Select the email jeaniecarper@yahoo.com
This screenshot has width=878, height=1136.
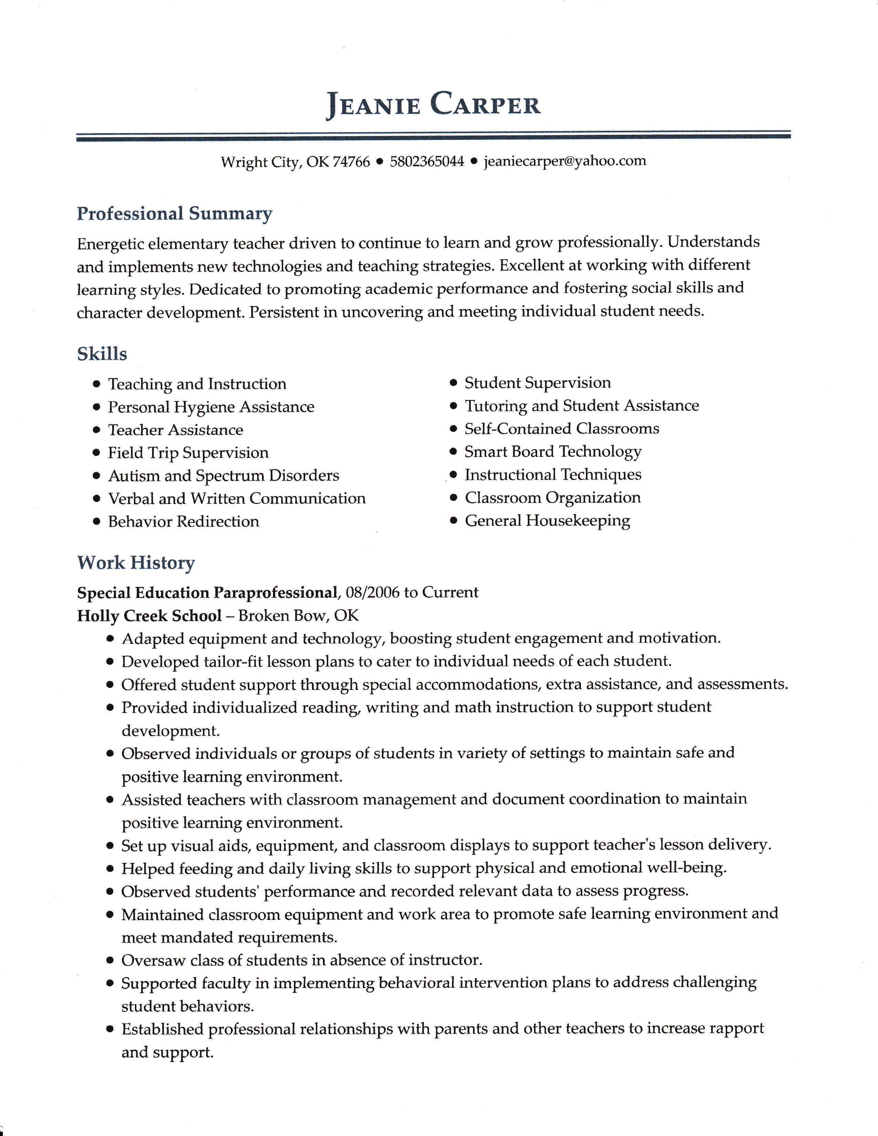click(x=565, y=161)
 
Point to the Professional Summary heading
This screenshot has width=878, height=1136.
click(x=174, y=214)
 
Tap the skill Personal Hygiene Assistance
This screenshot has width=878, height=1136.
click(x=211, y=407)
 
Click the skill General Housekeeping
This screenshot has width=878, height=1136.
click(x=547, y=520)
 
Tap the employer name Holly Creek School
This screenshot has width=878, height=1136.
click(x=149, y=616)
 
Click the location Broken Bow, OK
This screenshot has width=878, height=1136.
click(x=299, y=616)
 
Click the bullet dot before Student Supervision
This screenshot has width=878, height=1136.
click(x=453, y=383)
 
